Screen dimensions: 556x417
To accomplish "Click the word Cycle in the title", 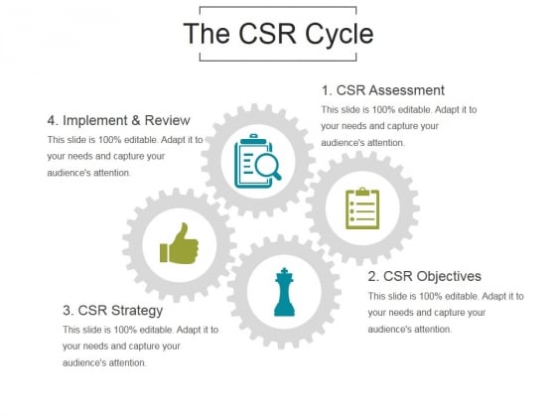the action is [340, 35].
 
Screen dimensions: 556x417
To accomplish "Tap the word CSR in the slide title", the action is [268, 34].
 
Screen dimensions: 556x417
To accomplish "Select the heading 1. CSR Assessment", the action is [383, 90].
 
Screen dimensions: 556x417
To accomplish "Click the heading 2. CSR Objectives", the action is [425, 276].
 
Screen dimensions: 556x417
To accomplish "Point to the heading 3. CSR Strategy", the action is [113, 311].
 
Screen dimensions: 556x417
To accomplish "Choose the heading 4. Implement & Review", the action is [119, 120].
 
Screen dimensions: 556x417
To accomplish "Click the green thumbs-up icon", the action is [179, 243].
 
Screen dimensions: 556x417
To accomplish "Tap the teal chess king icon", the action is [284, 292].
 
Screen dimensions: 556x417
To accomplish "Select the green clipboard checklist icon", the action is [362, 208].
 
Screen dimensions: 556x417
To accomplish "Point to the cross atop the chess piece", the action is [284, 270].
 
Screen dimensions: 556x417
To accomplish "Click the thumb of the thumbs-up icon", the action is [182, 232].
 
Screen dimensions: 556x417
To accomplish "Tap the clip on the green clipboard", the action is [362, 192].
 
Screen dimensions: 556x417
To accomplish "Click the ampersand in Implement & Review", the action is [136, 120].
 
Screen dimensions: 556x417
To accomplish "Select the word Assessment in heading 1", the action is [406, 90].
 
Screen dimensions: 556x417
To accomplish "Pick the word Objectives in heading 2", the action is [449, 276].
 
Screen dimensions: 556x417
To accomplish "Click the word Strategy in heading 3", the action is [137, 311].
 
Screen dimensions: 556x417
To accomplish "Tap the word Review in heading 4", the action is [168, 120].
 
